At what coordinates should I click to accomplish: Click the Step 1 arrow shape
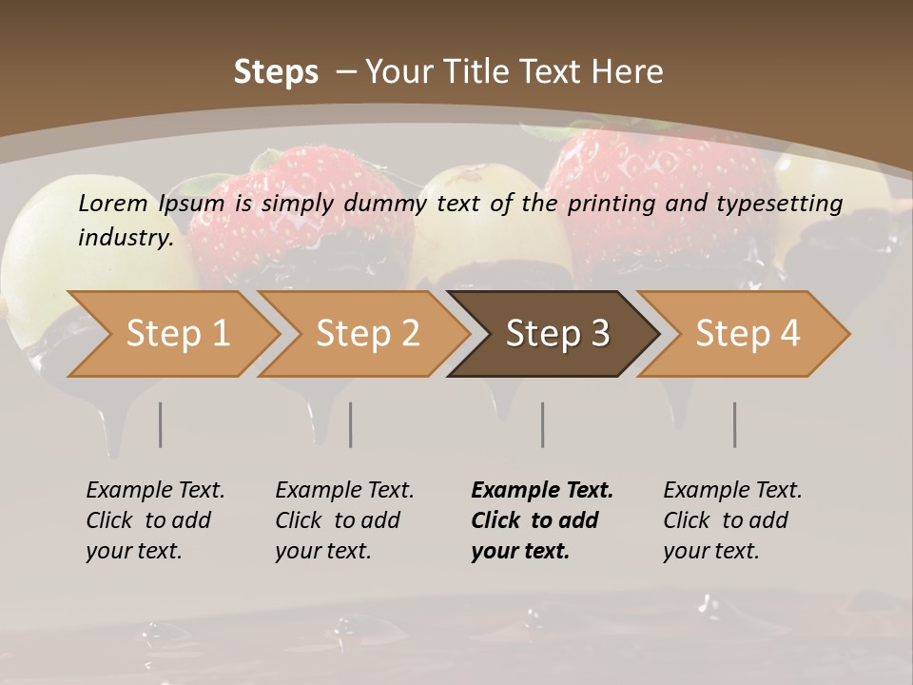click(x=177, y=334)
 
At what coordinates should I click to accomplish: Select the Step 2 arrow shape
click(x=367, y=334)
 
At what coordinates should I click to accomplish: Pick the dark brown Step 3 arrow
click(x=557, y=334)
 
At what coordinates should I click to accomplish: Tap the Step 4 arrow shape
click(x=748, y=334)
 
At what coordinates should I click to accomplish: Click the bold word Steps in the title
click(x=276, y=72)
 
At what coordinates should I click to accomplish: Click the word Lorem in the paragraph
click(x=112, y=204)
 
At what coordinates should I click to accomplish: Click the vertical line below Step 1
click(x=161, y=424)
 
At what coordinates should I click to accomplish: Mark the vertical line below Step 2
click(x=351, y=424)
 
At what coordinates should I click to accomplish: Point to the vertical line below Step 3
click(x=543, y=424)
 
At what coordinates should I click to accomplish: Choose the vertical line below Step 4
click(x=735, y=424)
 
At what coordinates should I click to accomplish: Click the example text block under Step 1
click(x=155, y=520)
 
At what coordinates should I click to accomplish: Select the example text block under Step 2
click(x=344, y=520)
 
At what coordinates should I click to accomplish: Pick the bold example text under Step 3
click(x=541, y=520)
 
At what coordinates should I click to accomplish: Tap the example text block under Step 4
click(x=732, y=520)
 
